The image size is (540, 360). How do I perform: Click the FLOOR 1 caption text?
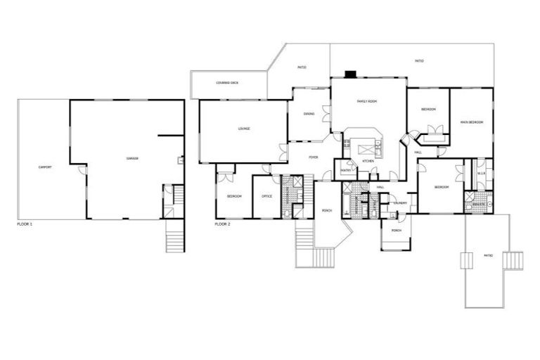(25, 224)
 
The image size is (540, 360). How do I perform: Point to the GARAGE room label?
(131, 158)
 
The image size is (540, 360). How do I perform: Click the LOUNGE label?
(244, 129)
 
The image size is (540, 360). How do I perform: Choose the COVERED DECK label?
(227, 83)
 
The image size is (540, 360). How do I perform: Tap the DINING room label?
(309, 114)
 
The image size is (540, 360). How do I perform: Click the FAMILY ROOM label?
(367, 102)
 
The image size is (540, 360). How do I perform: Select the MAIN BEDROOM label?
(471, 122)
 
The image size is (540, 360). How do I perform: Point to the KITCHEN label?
(368, 162)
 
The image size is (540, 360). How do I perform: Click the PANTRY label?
(346, 170)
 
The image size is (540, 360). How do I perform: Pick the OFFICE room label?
(266, 196)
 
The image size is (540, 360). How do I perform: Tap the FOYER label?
(314, 157)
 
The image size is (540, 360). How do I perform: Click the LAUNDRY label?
(400, 202)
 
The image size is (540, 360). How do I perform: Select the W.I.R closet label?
(482, 173)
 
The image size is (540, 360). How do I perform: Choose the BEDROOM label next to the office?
(234, 196)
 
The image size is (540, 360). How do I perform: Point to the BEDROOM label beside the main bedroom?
(428, 109)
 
